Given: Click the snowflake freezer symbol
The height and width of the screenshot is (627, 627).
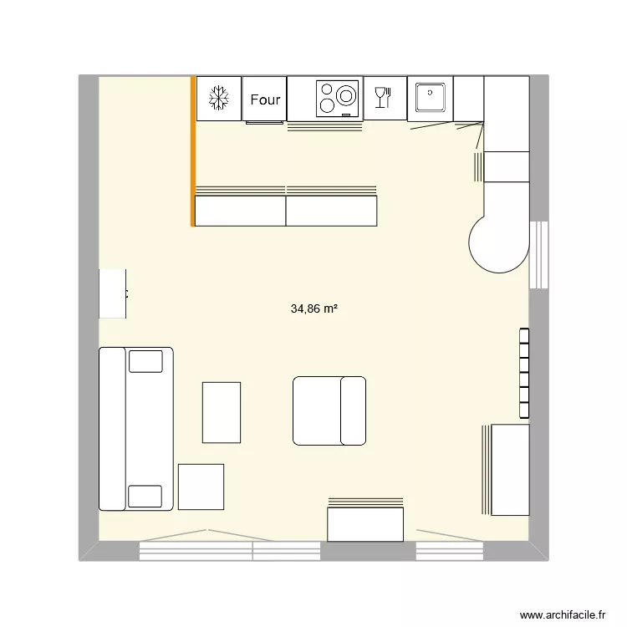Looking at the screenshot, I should [218, 98].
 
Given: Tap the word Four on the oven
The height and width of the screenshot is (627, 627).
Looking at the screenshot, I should [265, 99].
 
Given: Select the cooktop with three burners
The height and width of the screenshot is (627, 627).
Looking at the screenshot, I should [338, 98].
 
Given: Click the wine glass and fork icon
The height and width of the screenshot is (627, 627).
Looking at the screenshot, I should [384, 97].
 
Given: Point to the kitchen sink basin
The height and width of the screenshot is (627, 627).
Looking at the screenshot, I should [430, 97].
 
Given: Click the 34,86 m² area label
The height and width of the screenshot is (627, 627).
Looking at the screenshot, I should [313, 308].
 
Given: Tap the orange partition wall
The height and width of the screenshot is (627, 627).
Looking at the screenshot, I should [193, 150].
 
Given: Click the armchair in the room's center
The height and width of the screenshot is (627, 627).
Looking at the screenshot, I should [329, 410].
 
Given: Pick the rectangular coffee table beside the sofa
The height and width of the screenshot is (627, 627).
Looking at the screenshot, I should [222, 412].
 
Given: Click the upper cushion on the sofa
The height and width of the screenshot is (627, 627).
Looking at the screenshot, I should [145, 361].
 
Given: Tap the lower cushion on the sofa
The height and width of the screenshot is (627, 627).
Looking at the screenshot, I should [145, 497].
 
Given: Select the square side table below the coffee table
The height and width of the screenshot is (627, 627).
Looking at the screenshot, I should [201, 487].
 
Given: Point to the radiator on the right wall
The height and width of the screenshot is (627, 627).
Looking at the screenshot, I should [524, 373].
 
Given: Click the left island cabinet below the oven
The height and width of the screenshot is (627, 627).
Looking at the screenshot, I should [240, 211].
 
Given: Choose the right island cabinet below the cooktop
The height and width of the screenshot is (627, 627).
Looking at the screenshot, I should [331, 211].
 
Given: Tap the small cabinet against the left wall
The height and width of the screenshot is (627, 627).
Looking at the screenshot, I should [113, 293].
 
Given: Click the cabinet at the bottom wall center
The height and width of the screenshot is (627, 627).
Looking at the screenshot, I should [366, 524].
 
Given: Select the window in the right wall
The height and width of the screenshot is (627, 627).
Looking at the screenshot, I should [540, 254].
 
